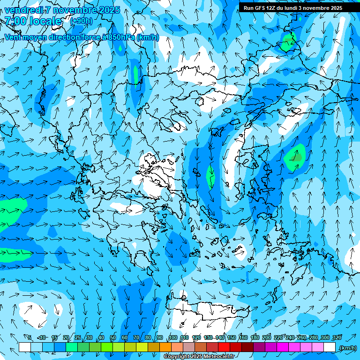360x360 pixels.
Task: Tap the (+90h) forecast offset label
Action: click(81, 21)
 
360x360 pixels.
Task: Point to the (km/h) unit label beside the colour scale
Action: click(348, 348)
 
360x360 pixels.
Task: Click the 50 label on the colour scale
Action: click(113, 337)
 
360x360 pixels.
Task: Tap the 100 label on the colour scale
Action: click(173, 337)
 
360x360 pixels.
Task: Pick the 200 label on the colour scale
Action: click(267, 337)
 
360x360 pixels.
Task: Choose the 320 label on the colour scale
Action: click(337, 337)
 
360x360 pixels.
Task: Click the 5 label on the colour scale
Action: click(29, 337)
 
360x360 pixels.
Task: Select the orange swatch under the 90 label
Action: click(165, 347)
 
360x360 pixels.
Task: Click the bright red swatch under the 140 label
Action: click(224, 347)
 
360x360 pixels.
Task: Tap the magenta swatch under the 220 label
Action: click(283, 347)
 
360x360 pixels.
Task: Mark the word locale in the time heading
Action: click(45, 21)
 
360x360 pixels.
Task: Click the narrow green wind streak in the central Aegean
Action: click(210, 175)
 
